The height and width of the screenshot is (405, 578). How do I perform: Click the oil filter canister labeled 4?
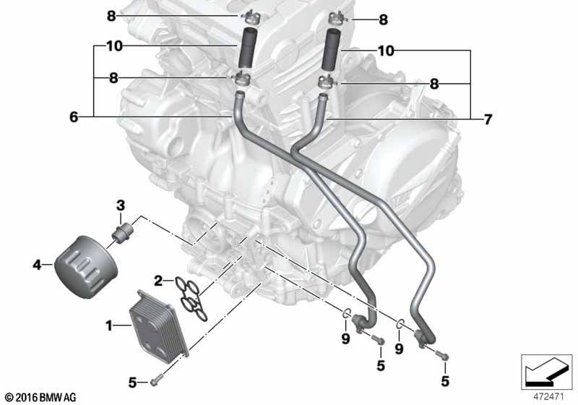(86, 267)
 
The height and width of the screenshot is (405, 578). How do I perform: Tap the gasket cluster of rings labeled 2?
(191, 299)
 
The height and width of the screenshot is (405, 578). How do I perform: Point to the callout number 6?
(74, 117)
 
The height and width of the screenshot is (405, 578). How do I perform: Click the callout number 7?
(488, 119)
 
